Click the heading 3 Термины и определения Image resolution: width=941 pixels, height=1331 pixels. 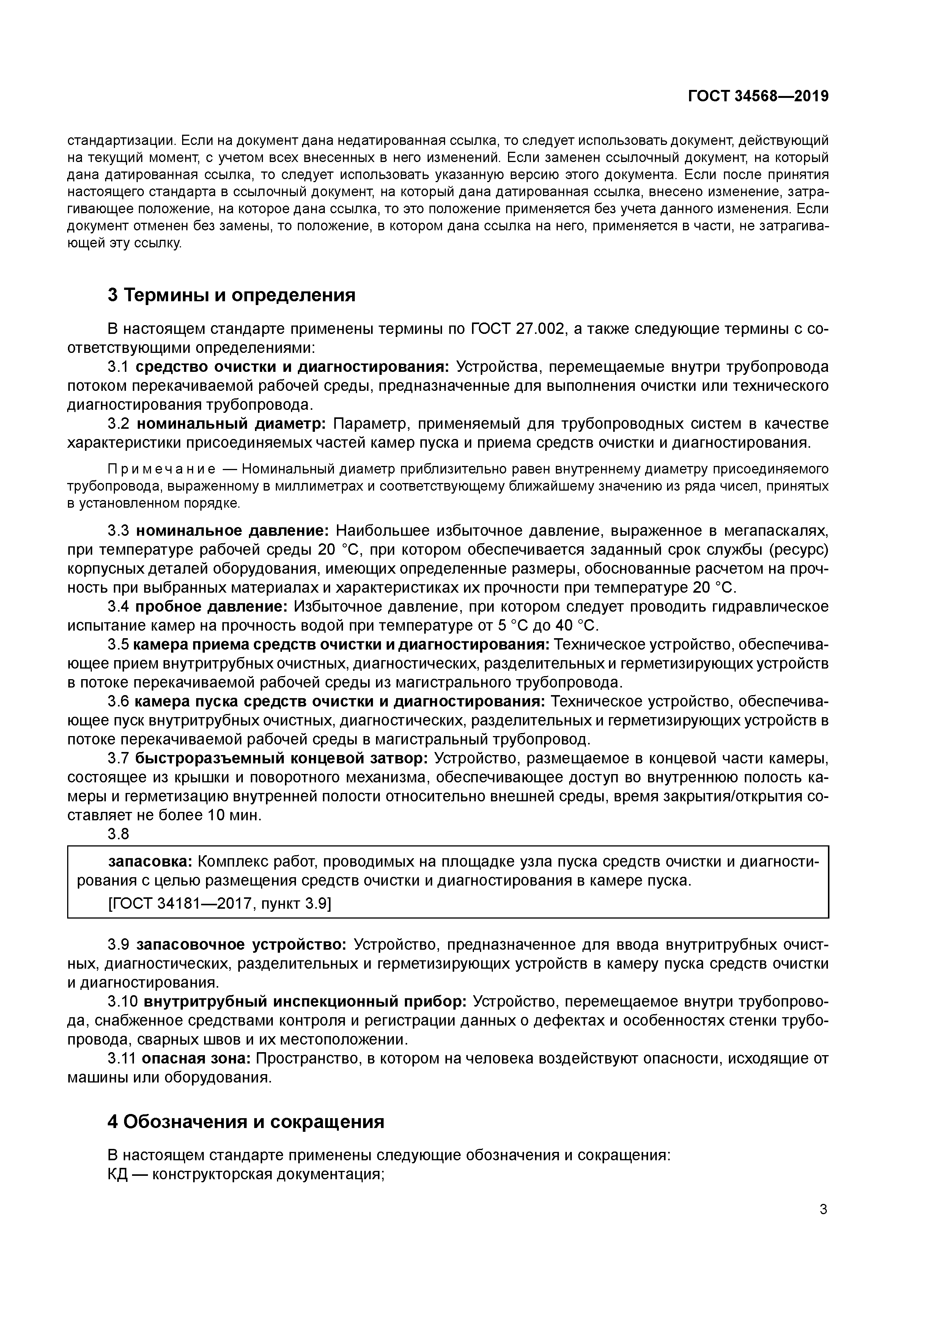click(231, 295)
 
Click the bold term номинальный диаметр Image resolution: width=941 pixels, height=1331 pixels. click(231, 424)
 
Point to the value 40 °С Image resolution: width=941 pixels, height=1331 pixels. click(576, 626)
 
